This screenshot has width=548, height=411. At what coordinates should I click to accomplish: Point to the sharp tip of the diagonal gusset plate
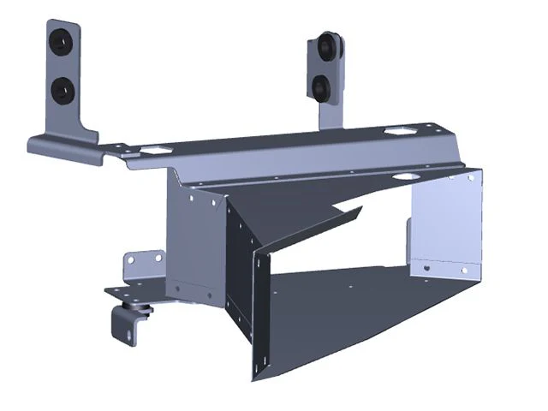tap(360, 207)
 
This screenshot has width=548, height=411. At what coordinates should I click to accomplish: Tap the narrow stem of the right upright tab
tap(329, 111)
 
